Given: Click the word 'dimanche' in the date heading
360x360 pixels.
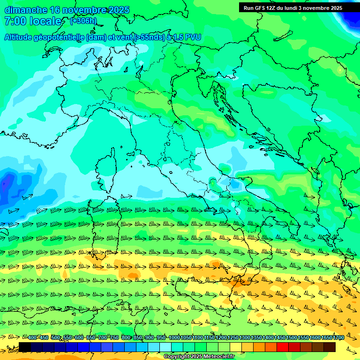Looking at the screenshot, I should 26,10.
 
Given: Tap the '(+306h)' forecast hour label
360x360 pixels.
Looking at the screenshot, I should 84,21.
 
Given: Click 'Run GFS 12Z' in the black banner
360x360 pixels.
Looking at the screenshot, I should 261,8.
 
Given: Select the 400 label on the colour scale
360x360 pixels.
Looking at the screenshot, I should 32,337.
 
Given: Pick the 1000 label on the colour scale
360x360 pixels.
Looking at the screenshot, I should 174,337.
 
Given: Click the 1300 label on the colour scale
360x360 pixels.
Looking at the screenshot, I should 244,337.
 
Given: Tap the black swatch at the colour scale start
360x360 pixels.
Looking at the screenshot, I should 25,347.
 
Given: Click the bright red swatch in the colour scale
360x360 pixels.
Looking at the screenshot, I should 283,347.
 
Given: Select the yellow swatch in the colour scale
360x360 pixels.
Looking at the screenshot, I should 236,347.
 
